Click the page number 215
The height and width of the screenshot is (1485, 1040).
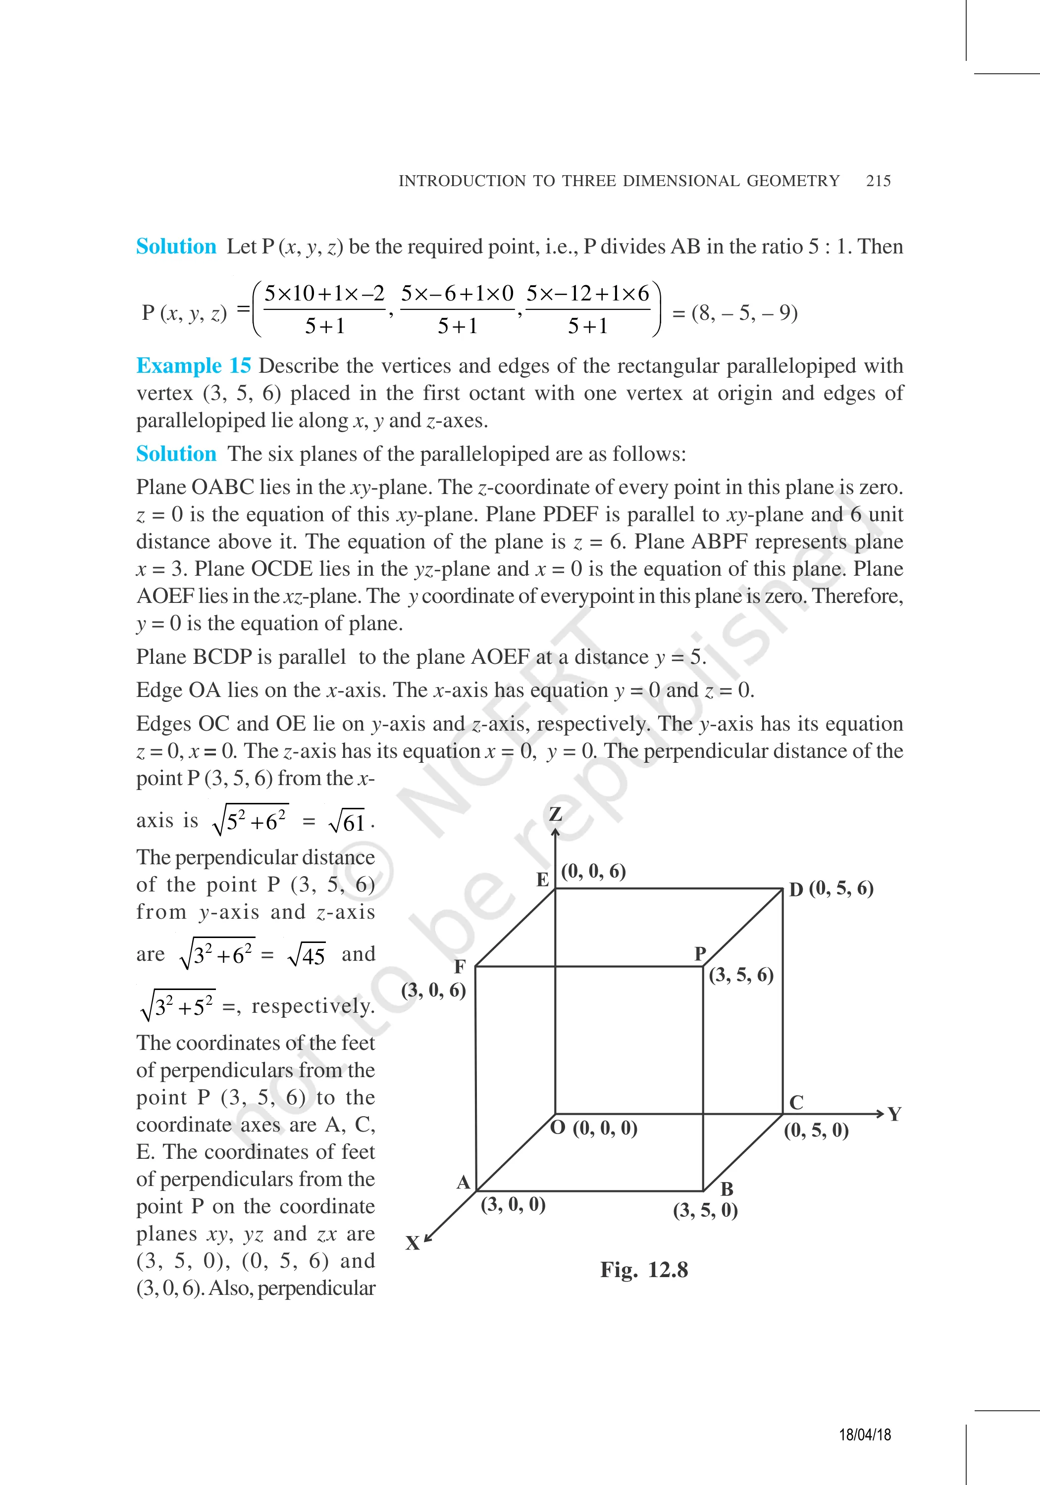878,181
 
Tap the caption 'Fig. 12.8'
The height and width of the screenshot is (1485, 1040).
643,1270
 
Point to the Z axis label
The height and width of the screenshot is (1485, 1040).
555,814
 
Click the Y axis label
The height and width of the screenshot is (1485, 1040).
894,1114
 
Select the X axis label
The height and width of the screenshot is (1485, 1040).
412,1242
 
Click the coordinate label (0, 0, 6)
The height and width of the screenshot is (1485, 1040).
593,871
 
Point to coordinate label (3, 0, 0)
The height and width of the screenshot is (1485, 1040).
513,1204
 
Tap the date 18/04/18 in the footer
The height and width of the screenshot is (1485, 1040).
865,1435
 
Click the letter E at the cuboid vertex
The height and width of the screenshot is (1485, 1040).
542,880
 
